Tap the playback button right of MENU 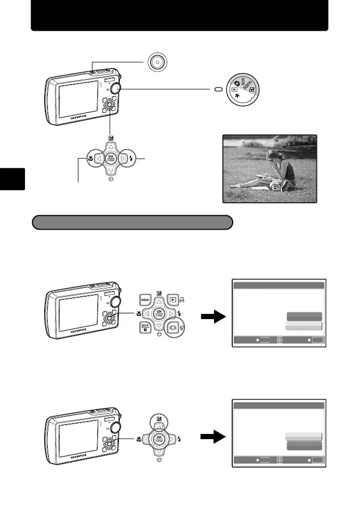pos(173,300)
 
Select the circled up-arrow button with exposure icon pos(159,419)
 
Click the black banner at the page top pos(180,15)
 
